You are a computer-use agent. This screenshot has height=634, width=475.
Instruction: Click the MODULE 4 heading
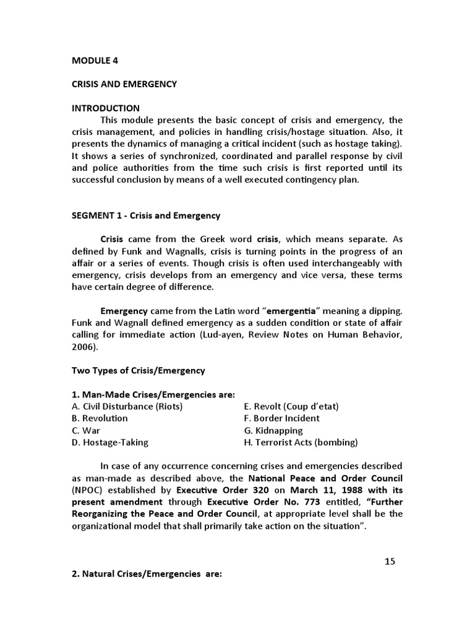95,61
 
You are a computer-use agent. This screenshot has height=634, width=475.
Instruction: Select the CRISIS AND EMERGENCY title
124,84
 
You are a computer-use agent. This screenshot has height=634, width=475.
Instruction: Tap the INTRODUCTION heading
106,108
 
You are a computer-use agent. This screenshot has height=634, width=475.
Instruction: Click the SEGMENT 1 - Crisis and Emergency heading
146,215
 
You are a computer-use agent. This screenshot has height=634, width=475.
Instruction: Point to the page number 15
389,562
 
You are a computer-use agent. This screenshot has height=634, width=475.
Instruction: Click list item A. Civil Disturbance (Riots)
127,406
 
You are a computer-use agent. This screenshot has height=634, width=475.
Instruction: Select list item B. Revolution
100,418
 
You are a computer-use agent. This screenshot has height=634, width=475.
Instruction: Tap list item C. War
86,430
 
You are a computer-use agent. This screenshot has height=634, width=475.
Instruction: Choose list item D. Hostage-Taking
110,443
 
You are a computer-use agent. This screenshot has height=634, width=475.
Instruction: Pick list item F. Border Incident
282,418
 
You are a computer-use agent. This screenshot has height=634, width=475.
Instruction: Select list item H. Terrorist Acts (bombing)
301,443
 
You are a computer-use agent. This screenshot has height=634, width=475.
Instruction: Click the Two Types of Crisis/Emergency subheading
139,370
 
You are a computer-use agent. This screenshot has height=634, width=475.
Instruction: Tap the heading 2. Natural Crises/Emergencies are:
147,574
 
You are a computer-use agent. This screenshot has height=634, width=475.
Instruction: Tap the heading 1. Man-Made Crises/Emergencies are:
153,394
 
